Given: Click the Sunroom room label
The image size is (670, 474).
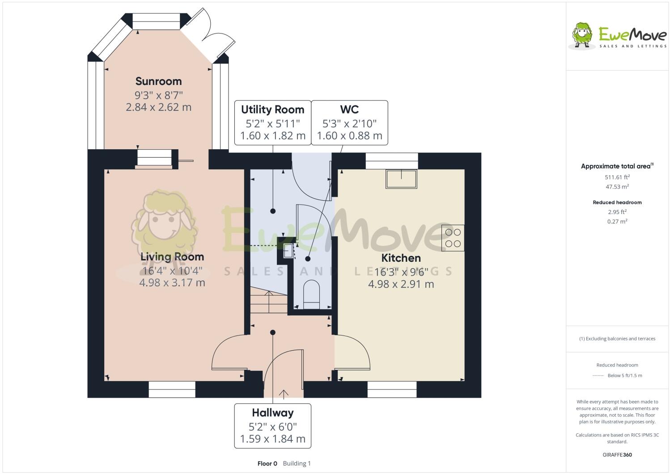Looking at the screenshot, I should (158, 81).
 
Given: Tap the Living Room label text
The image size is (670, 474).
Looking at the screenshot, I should (172, 257).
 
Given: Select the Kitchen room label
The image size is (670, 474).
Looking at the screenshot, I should (401, 258).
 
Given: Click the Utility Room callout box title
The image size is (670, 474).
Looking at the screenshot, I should (272, 110).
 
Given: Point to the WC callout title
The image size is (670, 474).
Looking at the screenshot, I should (349, 110).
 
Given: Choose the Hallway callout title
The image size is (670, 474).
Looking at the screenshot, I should (272, 413).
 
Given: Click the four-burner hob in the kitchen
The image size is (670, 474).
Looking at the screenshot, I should (453, 238).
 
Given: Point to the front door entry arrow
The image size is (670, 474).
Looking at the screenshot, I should (284, 393).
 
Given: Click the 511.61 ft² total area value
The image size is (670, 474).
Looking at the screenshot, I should (617, 177).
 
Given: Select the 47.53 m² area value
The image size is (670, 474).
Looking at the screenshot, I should (617, 187).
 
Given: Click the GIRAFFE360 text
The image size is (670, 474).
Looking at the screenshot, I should (617, 455).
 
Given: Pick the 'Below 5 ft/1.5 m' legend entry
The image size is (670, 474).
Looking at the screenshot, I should (624, 376).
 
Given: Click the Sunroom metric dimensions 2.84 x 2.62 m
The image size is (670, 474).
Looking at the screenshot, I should (158, 107).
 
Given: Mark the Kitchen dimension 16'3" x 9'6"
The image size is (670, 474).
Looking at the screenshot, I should (401, 272).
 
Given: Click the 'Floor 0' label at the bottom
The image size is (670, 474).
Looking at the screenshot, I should (267, 464).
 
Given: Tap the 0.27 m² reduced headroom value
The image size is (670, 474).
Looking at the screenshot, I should (617, 222).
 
